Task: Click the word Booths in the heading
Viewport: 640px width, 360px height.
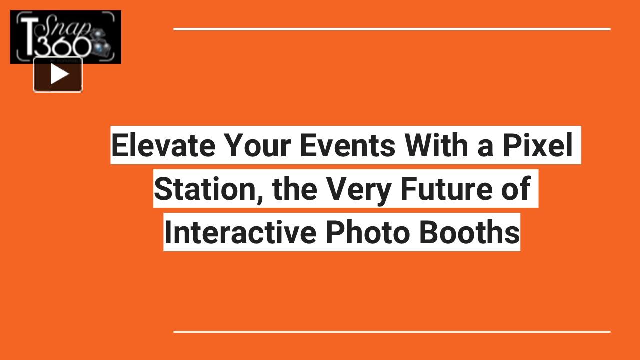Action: pos(469,232)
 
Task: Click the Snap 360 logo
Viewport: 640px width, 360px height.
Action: pos(65,37)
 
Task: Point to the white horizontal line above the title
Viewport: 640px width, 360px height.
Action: pos(392,29)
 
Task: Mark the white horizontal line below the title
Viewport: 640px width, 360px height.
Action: pos(392,331)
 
